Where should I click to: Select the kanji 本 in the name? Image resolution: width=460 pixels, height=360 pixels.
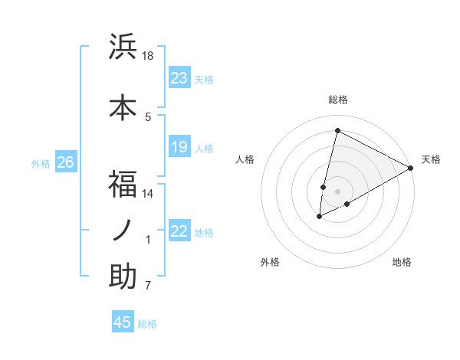click(x=123, y=108)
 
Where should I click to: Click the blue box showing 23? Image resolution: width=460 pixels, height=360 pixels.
click(x=179, y=78)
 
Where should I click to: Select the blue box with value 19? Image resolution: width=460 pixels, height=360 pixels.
click(x=179, y=147)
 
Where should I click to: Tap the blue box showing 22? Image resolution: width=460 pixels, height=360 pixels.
click(x=179, y=231)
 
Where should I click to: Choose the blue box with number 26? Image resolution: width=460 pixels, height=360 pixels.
click(x=65, y=162)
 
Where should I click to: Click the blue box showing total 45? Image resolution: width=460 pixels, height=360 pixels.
click(x=123, y=322)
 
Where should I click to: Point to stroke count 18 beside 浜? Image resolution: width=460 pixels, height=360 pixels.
click(x=148, y=56)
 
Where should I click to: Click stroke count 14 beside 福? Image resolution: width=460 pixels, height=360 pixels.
click(x=148, y=193)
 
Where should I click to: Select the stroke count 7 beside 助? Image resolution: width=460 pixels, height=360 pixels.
click(x=148, y=286)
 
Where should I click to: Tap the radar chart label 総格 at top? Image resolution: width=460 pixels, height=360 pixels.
click(x=338, y=100)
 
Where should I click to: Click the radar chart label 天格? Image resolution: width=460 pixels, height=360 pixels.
click(x=431, y=159)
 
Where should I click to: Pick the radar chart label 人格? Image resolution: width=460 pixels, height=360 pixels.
click(x=245, y=159)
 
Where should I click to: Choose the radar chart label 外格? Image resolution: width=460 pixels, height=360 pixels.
click(x=270, y=262)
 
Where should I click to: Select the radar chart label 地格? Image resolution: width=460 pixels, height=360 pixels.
click(x=402, y=262)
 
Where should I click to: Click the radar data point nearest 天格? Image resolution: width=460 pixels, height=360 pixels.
click(x=411, y=169)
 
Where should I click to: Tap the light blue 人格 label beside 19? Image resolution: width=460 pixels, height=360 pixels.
click(x=204, y=148)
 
